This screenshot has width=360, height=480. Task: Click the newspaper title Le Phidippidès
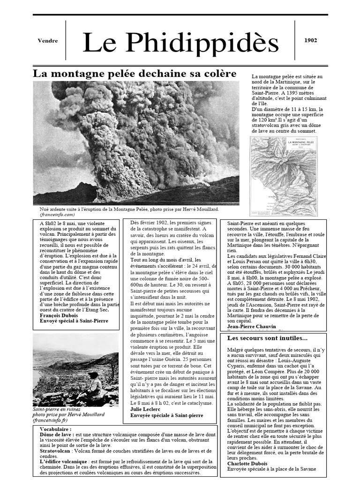tap(180, 43)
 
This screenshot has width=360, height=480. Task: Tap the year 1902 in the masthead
tap(310, 40)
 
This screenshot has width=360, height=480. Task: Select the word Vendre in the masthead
tap(48, 41)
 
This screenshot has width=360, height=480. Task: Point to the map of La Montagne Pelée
tap(284, 176)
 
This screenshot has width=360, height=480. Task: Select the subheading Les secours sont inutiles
tap(267, 338)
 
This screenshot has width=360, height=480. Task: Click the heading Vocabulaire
tap(56, 429)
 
